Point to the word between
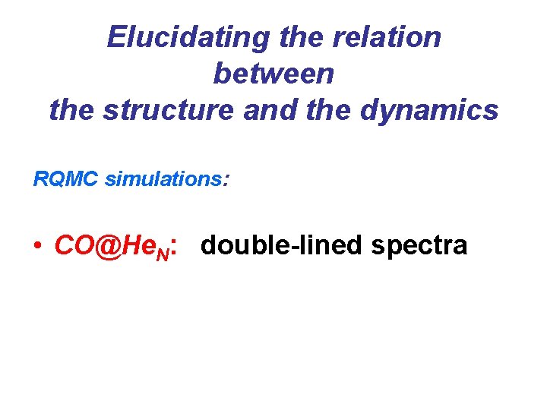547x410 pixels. (273, 74)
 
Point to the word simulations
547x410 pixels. (161, 179)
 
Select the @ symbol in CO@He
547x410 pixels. (107, 245)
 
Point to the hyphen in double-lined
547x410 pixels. (290, 248)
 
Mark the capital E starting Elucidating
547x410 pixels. (116, 36)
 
